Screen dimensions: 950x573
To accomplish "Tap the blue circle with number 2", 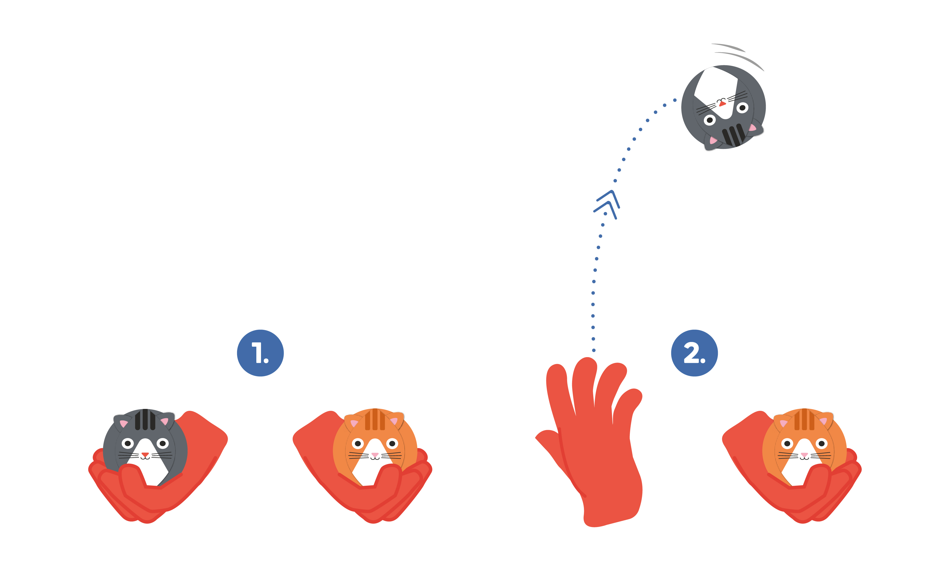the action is [x=694, y=353].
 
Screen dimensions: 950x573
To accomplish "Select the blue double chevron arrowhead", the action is [x=607, y=205].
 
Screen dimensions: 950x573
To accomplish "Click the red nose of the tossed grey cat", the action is [x=722, y=104].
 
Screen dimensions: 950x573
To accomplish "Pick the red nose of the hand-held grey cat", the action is [x=145, y=455].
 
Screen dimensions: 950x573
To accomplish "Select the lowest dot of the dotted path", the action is [x=594, y=350].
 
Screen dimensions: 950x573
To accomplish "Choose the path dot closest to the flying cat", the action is [x=675, y=100].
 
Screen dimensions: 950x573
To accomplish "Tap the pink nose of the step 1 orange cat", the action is [x=375, y=455].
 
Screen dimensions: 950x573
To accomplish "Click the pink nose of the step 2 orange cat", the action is [x=804, y=455].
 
